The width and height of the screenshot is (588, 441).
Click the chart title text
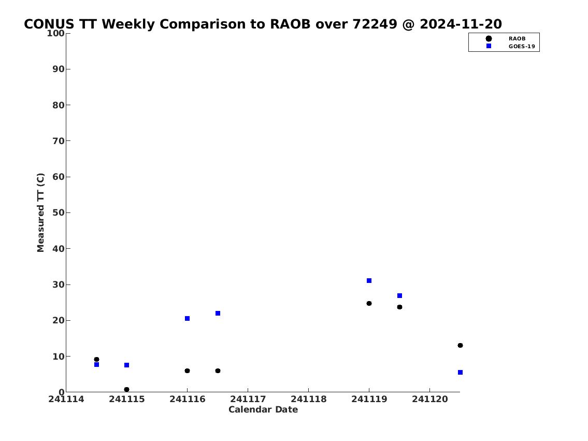point(263,24)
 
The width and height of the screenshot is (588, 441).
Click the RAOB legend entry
point(506,39)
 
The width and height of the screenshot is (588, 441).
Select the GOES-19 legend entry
point(511,47)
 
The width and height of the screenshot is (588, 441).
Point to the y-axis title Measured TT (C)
point(40,212)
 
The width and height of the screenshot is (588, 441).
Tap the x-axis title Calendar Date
point(263,409)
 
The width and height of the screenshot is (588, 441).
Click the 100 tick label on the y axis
point(55,33)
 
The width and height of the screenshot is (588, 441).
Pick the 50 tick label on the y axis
point(59,212)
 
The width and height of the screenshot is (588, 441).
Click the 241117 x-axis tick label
point(248,399)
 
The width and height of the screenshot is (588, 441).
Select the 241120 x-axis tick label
point(430,399)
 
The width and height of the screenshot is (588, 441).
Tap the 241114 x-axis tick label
point(66,399)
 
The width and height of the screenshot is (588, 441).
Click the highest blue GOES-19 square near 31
point(369,280)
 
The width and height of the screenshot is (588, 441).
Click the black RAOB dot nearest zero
point(127,389)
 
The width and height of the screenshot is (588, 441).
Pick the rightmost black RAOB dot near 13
point(460,345)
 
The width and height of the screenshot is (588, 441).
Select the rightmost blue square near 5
point(460,373)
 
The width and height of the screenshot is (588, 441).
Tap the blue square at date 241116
point(188,318)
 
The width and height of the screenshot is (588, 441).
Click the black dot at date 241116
point(187,371)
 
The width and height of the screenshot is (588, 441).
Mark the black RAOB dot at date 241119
point(369,303)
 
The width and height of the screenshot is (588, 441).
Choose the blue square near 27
point(400,295)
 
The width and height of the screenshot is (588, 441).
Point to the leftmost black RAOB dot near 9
point(96,359)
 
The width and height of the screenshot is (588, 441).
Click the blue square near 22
point(218,313)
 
